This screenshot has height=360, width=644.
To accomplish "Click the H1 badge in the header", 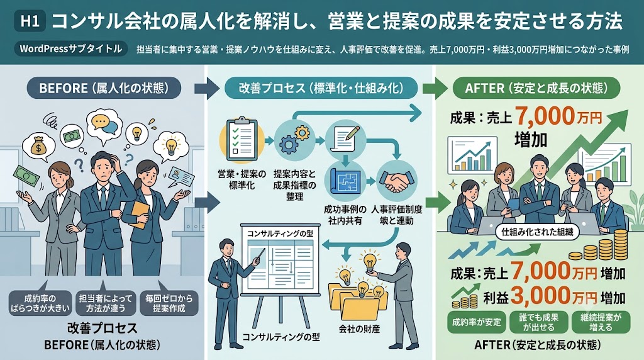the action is [30, 21].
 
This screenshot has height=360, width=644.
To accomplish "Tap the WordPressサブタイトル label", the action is [70, 49].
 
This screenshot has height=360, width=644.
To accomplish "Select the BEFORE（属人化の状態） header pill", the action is [104, 87].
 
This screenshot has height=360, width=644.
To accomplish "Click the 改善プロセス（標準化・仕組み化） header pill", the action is [321, 87].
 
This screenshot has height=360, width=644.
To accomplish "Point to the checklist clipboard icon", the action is [241, 139].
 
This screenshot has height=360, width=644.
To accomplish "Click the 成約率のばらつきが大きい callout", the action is [40, 303].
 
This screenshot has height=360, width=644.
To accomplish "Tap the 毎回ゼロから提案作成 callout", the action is [169, 303].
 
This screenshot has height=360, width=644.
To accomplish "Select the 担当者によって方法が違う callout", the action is [106, 303].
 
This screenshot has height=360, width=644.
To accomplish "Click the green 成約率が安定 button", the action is [477, 322].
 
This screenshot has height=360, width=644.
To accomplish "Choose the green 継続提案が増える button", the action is [601, 322].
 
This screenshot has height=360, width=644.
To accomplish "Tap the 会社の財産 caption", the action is [359, 329].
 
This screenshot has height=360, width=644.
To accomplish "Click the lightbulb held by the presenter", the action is [370, 262].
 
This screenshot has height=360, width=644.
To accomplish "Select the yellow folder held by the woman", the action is [140, 214].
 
